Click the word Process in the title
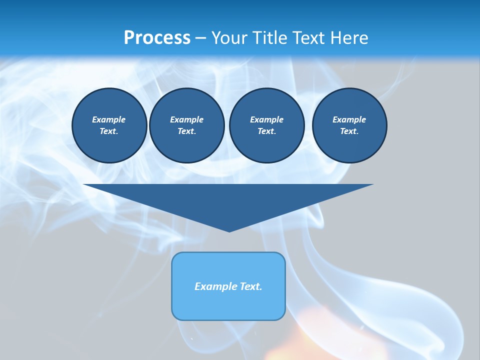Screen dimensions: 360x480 [x=157, y=38]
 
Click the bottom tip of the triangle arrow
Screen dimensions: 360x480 [x=229, y=230]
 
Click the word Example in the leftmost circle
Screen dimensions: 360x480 [x=109, y=119]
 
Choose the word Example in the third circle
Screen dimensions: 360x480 [x=266, y=119]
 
